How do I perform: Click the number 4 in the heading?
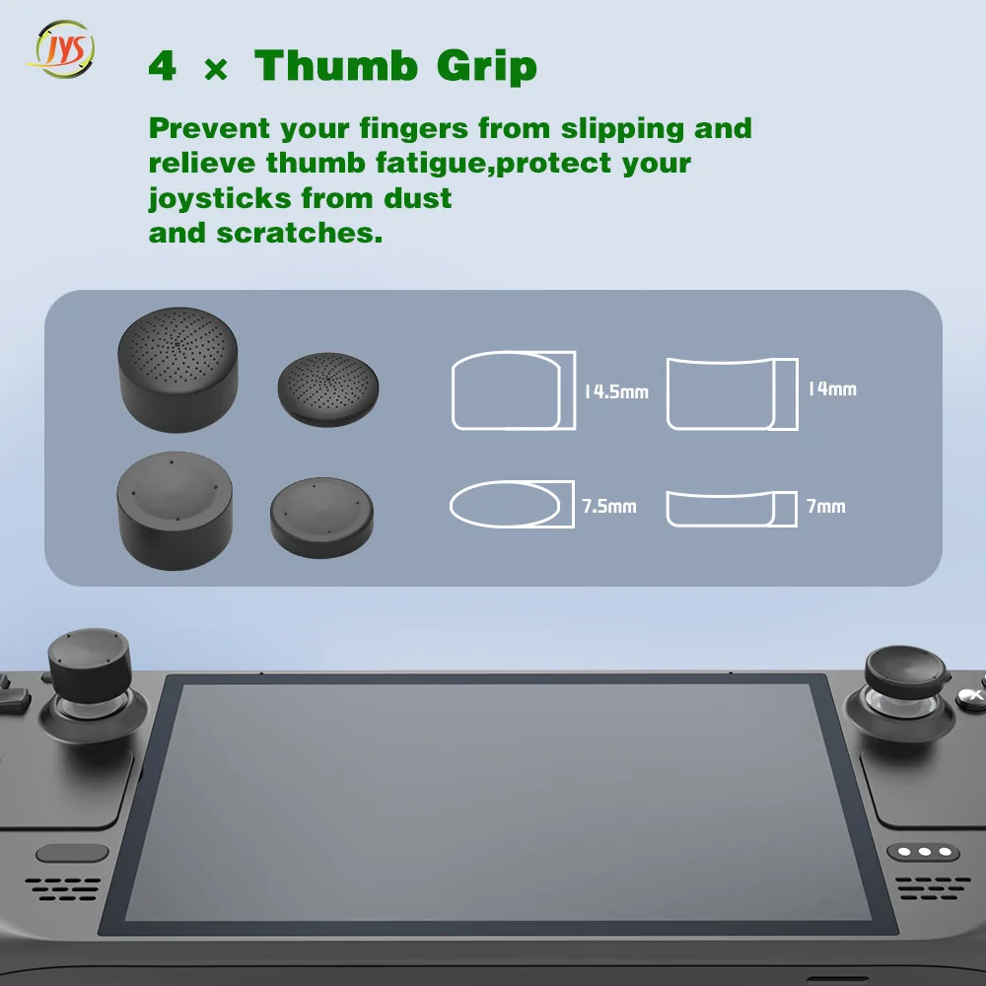click(x=163, y=67)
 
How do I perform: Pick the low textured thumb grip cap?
click(x=328, y=389)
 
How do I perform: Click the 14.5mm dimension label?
click(x=615, y=391)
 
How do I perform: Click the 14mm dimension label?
click(x=831, y=388)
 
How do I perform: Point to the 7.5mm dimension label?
click(x=608, y=507)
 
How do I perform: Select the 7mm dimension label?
click(x=825, y=506)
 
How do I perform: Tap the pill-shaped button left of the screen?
click(x=72, y=853)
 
